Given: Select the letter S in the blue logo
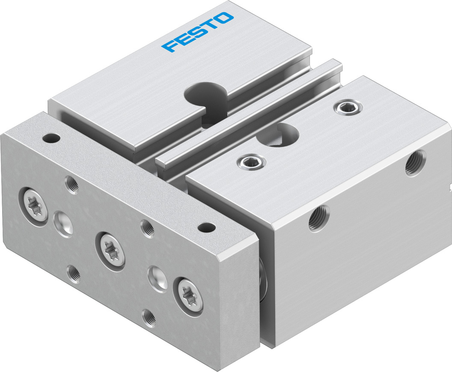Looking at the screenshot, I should [197, 32].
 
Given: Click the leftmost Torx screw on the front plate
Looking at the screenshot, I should [34, 205].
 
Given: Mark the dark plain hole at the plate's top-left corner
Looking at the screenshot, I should [51, 139].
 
